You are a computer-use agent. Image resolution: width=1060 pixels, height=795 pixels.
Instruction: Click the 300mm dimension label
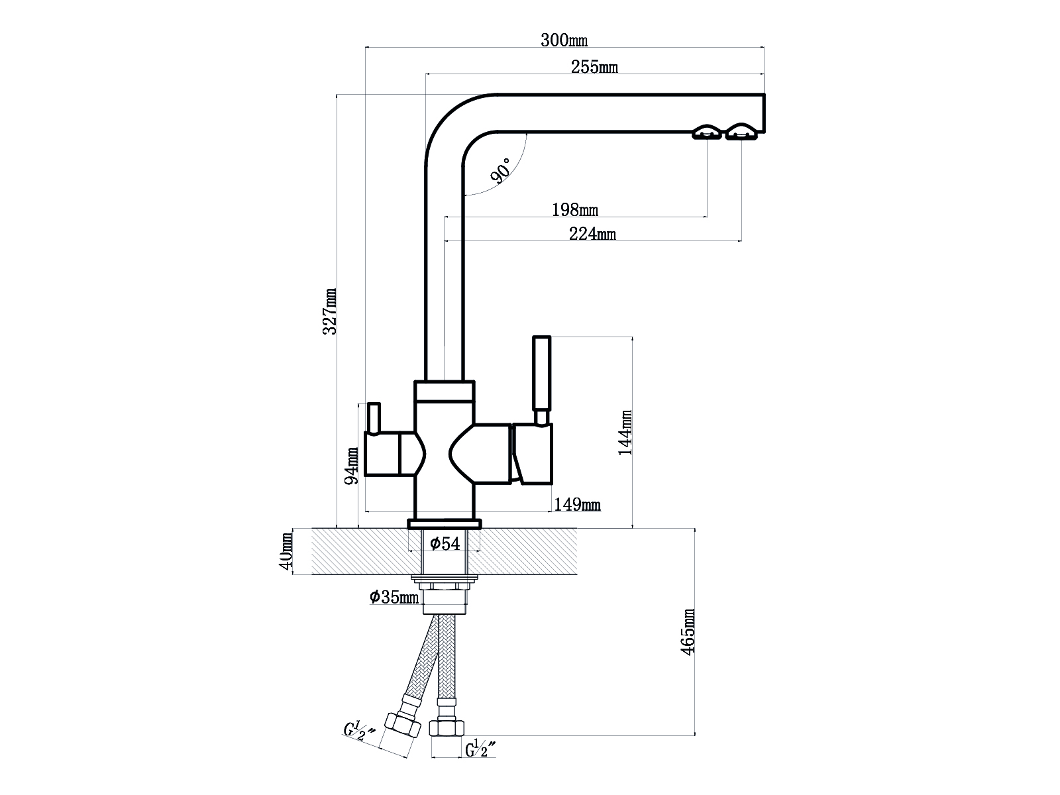[x=564, y=40]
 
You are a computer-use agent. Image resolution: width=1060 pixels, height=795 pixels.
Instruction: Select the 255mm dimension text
[x=594, y=67]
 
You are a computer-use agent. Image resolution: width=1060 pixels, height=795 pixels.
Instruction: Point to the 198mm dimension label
[x=574, y=209]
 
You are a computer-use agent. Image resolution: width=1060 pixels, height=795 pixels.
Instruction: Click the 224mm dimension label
[x=592, y=234]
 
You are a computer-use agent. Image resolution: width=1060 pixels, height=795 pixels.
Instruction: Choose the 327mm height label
[x=330, y=311]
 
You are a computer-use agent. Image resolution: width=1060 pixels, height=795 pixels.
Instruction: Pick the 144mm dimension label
[x=625, y=433]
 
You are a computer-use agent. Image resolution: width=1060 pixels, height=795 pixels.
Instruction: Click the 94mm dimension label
[x=352, y=466]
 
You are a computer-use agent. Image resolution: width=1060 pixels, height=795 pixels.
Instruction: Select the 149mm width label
[x=577, y=504]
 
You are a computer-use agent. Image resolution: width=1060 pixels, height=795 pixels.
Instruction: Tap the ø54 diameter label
[x=445, y=543]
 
